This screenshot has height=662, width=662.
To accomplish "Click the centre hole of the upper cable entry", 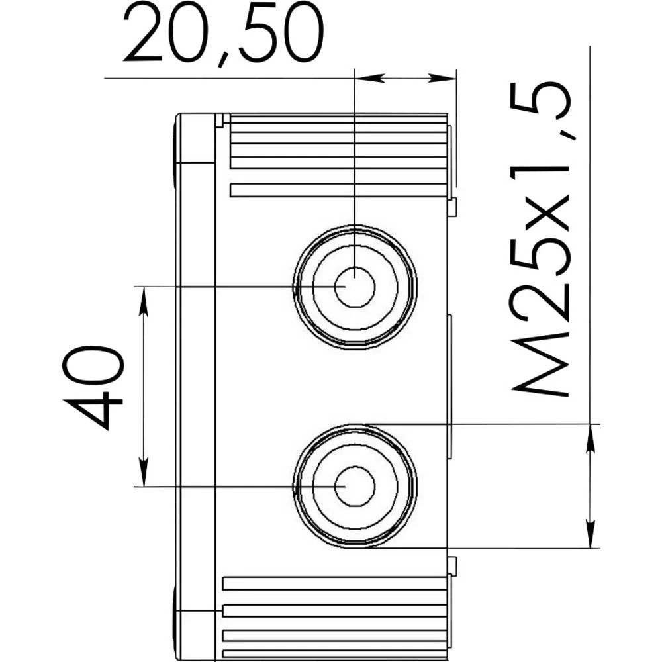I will click(355, 287).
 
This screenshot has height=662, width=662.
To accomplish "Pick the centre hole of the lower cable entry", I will click(355, 487).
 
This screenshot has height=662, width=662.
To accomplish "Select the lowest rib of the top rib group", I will click(338, 191).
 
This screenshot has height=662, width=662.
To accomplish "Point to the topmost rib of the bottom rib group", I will click(334, 583).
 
